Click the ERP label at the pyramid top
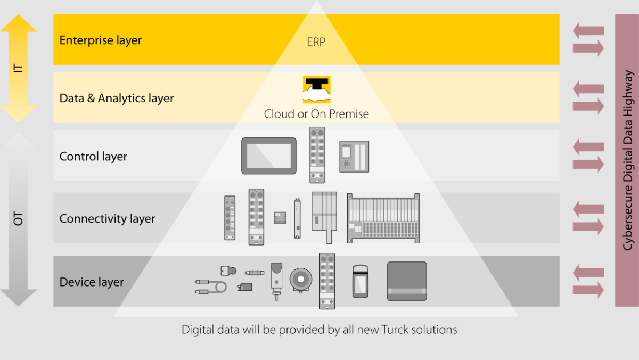[316, 42]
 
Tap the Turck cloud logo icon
[317, 89]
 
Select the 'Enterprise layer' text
[101, 40]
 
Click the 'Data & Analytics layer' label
[117, 99]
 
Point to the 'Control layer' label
[93, 157]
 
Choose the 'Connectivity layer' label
[107, 219]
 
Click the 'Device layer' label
[92, 282]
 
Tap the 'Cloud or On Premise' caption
[316, 114]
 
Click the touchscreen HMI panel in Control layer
[269, 156]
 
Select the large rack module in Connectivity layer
[383, 218]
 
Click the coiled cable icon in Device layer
[210, 287]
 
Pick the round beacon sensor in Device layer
[301, 280]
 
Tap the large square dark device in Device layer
[407, 281]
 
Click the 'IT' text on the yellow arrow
[18, 68]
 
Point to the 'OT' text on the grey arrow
[18, 218]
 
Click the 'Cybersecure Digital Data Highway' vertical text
[627, 160]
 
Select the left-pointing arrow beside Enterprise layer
[588, 31]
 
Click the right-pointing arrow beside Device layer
[588, 290]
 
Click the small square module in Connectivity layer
[280, 218]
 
